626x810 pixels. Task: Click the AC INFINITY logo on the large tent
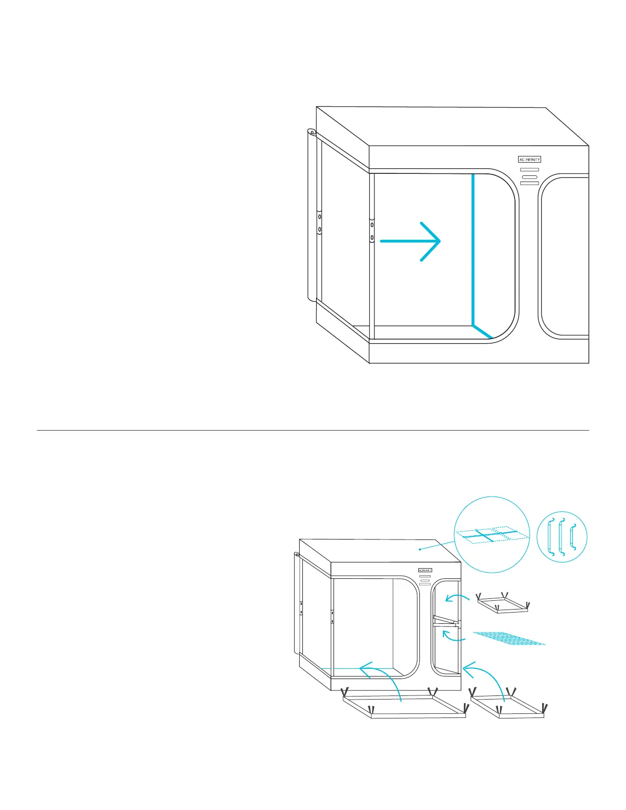529,160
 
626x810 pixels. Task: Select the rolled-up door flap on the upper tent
310,215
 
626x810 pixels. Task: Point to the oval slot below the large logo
529,176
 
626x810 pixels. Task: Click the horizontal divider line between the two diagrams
313,430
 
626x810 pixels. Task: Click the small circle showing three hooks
562,537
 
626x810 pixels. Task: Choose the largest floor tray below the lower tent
404,706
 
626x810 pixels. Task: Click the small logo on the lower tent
425,570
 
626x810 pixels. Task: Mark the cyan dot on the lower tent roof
420,549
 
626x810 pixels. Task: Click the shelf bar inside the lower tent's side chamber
445,620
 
